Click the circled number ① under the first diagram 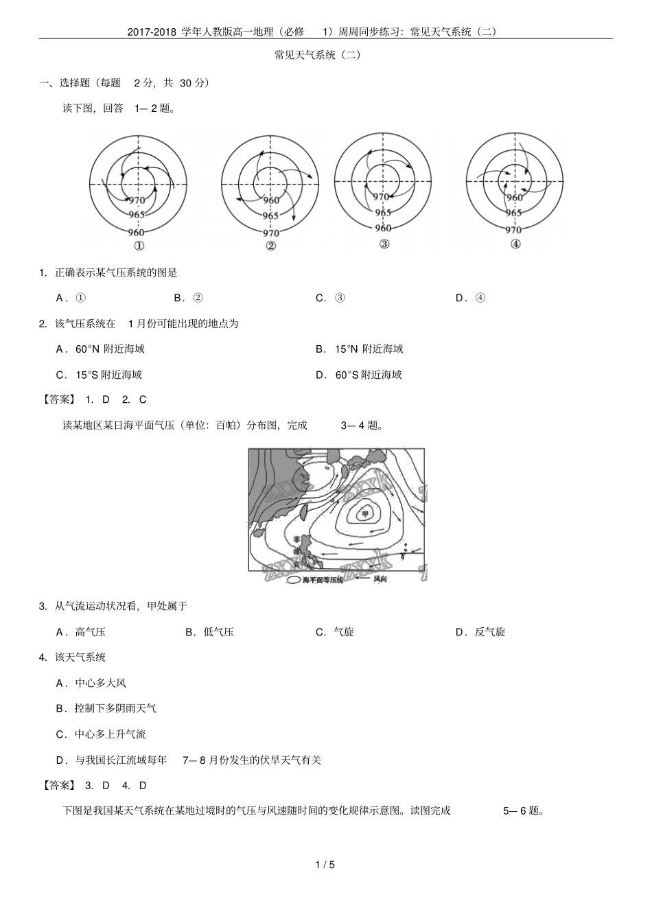tap(139, 247)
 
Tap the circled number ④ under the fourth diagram tap(515, 244)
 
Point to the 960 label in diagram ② tap(271, 200)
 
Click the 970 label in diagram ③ tap(382, 197)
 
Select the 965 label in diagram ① tap(137, 215)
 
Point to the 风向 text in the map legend tap(380, 579)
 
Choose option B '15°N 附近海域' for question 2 tap(359, 349)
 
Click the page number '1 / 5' tap(325, 865)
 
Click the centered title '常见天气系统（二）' tap(317, 55)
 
